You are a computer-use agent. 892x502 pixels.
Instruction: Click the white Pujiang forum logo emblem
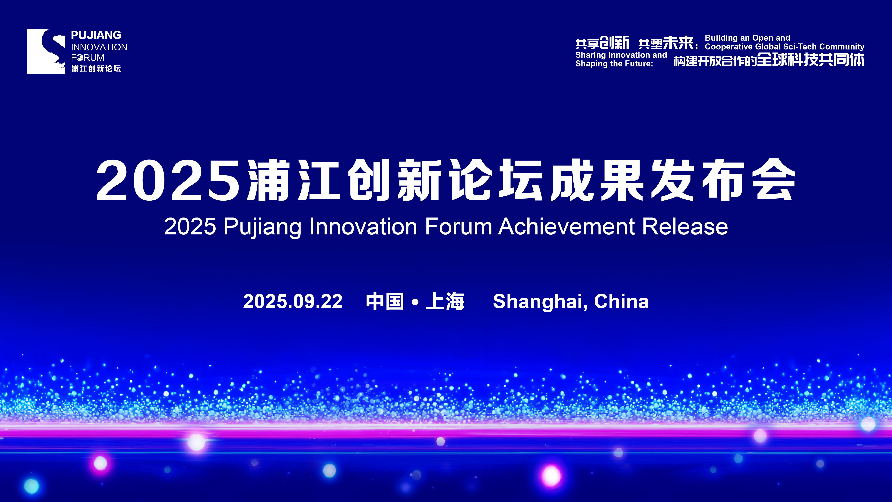[x=46, y=51]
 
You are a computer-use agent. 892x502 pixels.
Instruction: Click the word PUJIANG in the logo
[x=96, y=35]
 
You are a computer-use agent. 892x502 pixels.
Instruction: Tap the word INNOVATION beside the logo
[x=99, y=47]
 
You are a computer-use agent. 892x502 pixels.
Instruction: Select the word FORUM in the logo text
[x=88, y=58]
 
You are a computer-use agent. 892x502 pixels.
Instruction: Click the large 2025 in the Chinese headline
[x=168, y=180]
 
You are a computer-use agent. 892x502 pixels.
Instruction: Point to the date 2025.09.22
[x=293, y=302]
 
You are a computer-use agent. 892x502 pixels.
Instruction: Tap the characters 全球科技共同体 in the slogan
[x=811, y=59]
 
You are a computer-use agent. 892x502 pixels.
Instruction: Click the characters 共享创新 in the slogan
[x=602, y=43]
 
